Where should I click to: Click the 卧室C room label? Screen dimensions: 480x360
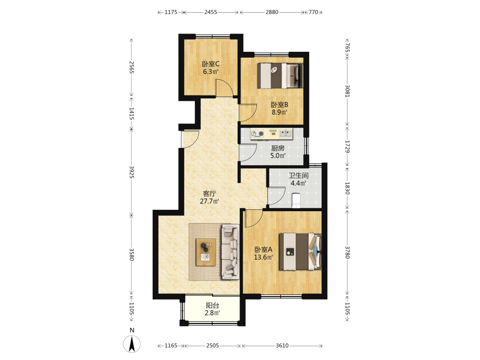[x=210, y=64]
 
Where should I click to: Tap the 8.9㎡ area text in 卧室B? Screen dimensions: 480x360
[x=279, y=112]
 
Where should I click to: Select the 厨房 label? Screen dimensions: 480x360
[x=278, y=148]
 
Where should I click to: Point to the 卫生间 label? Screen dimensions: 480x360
[x=299, y=176]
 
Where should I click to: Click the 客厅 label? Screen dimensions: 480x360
[x=209, y=194]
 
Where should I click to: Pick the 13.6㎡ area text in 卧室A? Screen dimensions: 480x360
[x=263, y=257]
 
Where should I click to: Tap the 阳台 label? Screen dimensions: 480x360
[x=213, y=305]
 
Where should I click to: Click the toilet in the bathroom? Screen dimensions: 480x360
[x=296, y=200]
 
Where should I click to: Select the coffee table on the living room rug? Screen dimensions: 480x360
[x=206, y=252]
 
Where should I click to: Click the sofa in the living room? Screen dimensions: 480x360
[x=230, y=252]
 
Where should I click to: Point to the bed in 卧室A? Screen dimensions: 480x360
[x=300, y=252]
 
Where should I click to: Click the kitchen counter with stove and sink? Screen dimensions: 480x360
[x=271, y=133]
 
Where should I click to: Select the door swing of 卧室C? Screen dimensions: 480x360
[x=224, y=87]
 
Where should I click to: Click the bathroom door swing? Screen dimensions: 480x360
[x=276, y=196]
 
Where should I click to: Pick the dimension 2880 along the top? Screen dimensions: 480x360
[x=272, y=12]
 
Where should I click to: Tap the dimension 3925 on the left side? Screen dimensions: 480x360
[x=132, y=172]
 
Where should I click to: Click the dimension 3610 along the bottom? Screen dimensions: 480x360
[x=282, y=346]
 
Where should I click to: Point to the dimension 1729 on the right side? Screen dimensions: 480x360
[x=348, y=146]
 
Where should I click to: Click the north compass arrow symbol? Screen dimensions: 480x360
[x=132, y=344]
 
